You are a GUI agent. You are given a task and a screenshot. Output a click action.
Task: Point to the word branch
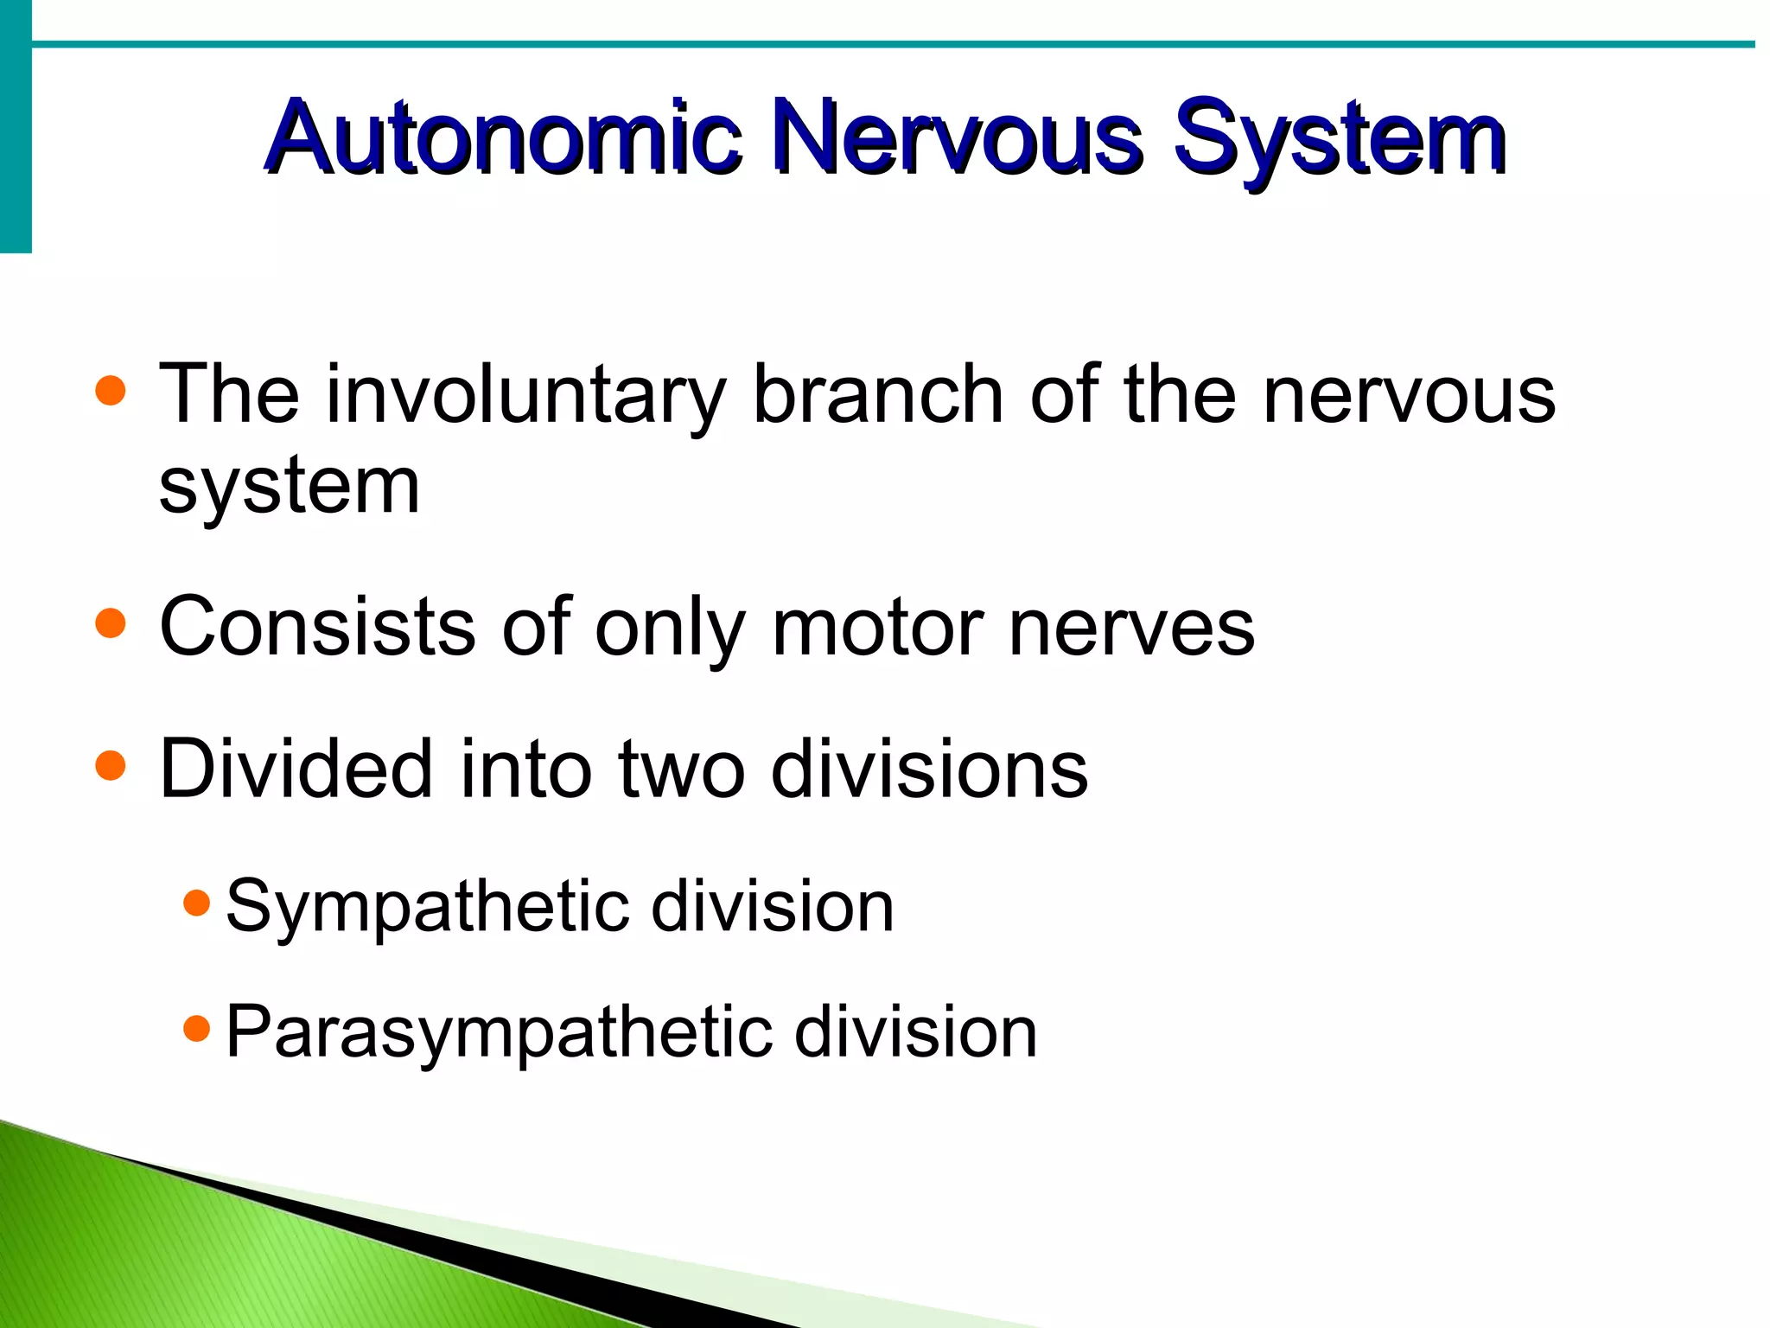(878, 394)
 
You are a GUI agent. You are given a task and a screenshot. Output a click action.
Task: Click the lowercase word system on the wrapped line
(290, 487)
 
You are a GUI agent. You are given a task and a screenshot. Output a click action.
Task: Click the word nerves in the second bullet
(1131, 628)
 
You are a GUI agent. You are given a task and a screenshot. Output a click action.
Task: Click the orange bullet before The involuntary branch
(111, 391)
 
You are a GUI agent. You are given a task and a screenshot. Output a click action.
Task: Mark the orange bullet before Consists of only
(111, 622)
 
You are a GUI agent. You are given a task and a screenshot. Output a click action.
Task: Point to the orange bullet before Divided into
(111, 765)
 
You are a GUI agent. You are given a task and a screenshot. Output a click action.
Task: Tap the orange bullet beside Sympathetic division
(197, 903)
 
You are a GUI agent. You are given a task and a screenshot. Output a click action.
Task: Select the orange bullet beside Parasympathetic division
(197, 1029)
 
